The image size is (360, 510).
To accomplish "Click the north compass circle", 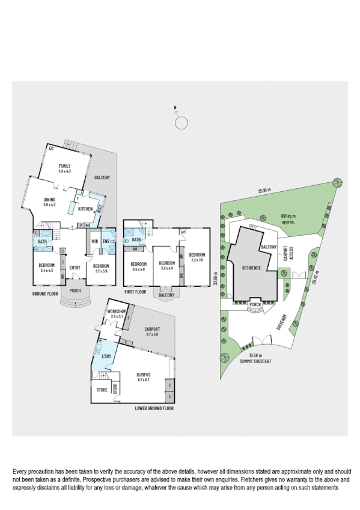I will [180, 123].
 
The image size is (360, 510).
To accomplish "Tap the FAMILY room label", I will [64, 166].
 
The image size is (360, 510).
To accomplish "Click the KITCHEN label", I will [85, 209].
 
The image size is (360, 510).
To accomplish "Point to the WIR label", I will [94, 242].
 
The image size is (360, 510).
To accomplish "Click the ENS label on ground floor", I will [106, 242].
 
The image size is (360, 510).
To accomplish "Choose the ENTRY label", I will [75, 268].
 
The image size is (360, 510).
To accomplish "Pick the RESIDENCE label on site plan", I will [251, 268].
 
